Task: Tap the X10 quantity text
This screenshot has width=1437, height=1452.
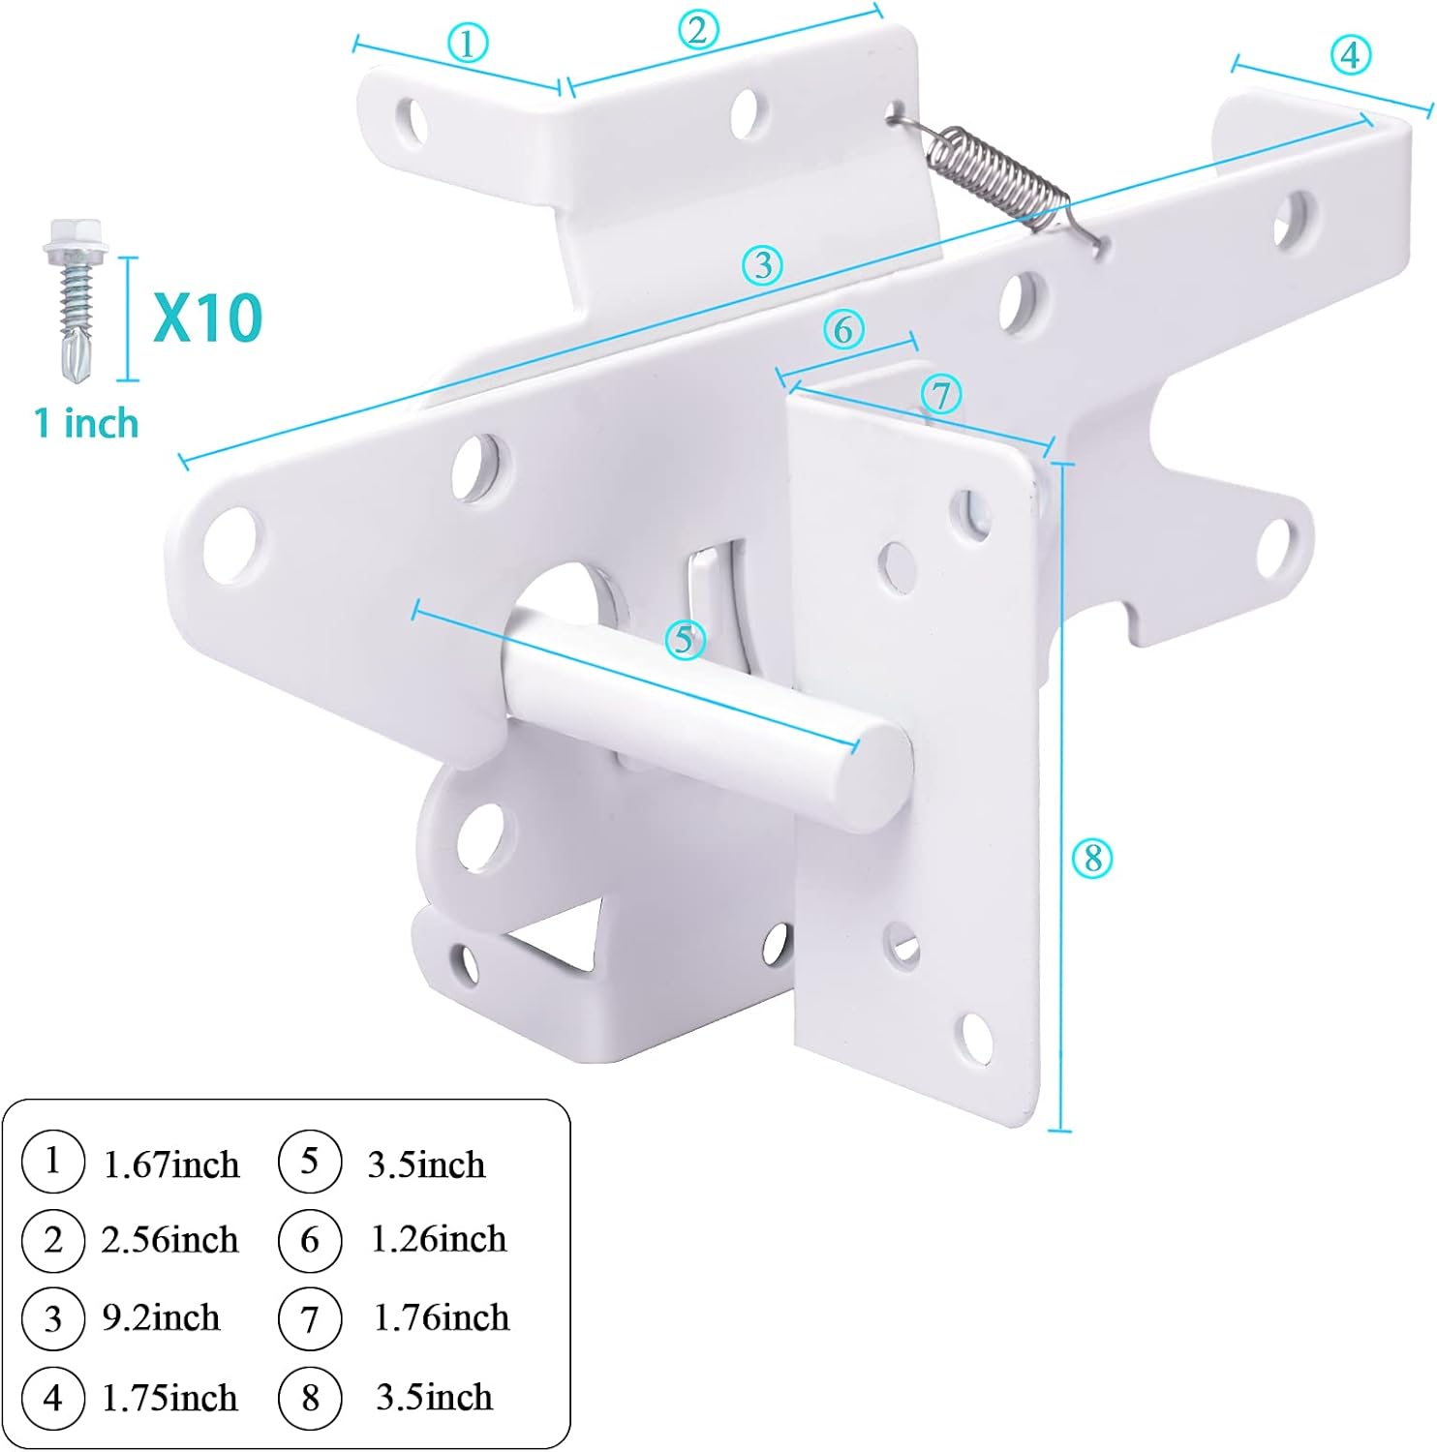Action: (x=207, y=318)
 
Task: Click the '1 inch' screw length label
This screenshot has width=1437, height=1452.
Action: (x=86, y=424)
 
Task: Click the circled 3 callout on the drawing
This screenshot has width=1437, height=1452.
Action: (x=763, y=264)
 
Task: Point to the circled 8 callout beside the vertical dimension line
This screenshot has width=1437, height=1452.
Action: (x=1092, y=858)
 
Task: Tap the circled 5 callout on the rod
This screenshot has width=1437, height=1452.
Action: (x=685, y=640)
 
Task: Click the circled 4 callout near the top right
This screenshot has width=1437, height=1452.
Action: (x=1350, y=54)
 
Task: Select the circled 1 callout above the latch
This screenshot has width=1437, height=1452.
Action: (x=468, y=44)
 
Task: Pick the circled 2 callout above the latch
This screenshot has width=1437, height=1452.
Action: (x=697, y=30)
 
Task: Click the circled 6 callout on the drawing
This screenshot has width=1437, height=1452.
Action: (x=843, y=330)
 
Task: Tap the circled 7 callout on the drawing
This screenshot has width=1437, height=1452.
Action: (x=940, y=395)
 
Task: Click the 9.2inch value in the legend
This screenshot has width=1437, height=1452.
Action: (x=161, y=1318)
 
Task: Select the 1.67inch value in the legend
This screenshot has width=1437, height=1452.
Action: (x=170, y=1165)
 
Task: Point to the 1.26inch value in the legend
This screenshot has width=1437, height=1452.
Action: (x=439, y=1240)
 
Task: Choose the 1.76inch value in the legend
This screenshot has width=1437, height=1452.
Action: (x=441, y=1318)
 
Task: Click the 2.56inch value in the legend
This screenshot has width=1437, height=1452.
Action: (x=169, y=1240)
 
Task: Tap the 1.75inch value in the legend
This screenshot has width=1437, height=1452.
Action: (x=169, y=1398)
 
